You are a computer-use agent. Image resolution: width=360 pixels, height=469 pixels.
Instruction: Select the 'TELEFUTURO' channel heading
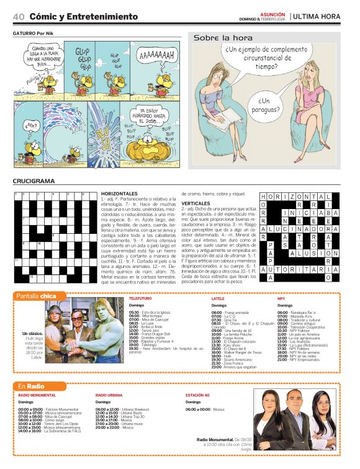click(140, 299)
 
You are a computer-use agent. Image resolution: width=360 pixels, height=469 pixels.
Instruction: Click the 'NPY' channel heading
click(281, 299)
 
